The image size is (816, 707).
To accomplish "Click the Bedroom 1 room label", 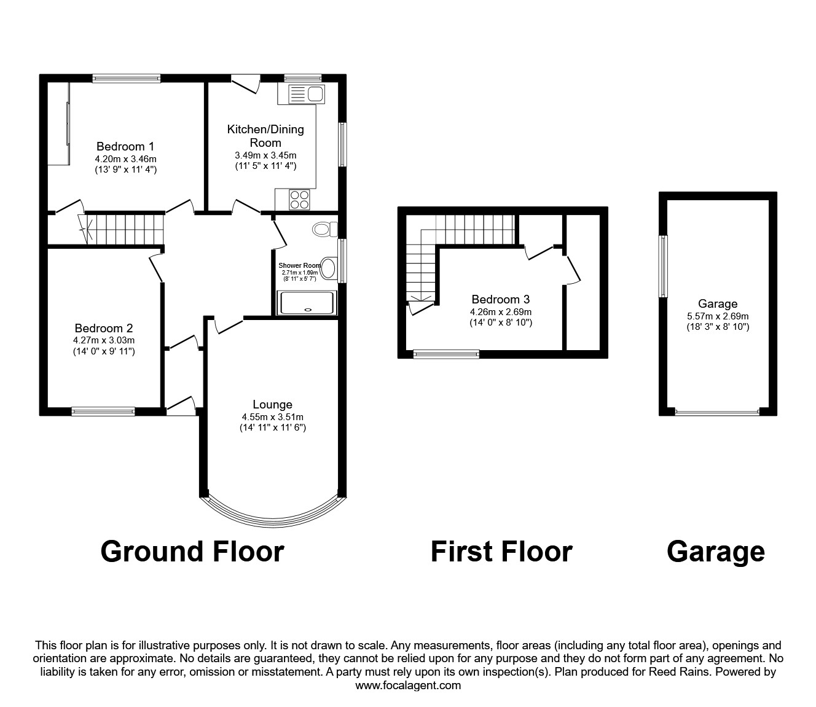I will pyautogui.click(x=125, y=146).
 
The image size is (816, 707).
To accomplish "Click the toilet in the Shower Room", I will pyautogui.click(x=324, y=230).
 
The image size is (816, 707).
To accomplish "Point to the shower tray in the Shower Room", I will pyautogui.click(x=307, y=303).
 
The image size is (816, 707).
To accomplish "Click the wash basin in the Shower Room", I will pyautogui.click(x=329, y=268).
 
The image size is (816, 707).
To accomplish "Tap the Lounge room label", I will pyautogui.click(x=272, y=404).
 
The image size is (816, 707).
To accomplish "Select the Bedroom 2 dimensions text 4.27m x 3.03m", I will pyautogui.click(x=104, y=340).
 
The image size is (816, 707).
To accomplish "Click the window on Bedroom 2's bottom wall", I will pyautogui.click(x=103, y=412).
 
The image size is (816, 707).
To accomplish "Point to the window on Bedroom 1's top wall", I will pyautogui.click(x=127, y=78).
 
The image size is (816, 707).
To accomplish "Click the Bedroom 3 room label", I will pyautogui.click(x=500, y=299).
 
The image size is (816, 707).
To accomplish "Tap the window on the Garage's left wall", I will pyautogui.click(x=663, y=266).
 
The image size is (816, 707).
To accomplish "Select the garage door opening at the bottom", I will pyautogui.click(x=717, y=412).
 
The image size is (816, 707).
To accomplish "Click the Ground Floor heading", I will pyautogui.click(x=192, y=551).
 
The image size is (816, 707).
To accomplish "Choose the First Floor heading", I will pyautogui.click(x=501, y=551).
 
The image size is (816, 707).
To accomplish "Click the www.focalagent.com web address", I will pyautogui.click(x=408, y=686).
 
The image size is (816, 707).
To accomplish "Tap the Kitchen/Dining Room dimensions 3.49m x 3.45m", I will pyautogui.click(x=265, y=155).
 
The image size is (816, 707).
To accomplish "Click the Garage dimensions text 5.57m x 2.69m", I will pyautogui.click(x=718, y=316).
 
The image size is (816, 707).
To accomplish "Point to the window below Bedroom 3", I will pyautogui.click(x=446, y=354).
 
